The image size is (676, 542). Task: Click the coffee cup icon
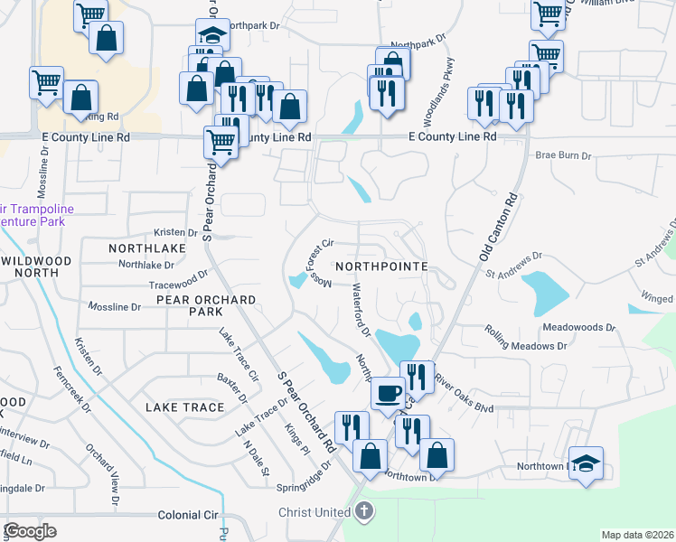pyautogui.click(x=388, y=393)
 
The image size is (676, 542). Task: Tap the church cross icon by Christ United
pyautogui.click(x=363, y=512)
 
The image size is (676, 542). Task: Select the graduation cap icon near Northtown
pyautogui.click(x=587, y=463)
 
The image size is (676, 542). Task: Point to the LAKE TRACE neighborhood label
pyautogui.click(x=184, y=407)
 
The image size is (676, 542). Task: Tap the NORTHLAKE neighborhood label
pyautogui.click(x=147, y=248)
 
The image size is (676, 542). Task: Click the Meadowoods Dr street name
pyautogui.click(x=578, y=327)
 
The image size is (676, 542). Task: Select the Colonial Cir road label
pyautogui.click(x=189, y=515)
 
